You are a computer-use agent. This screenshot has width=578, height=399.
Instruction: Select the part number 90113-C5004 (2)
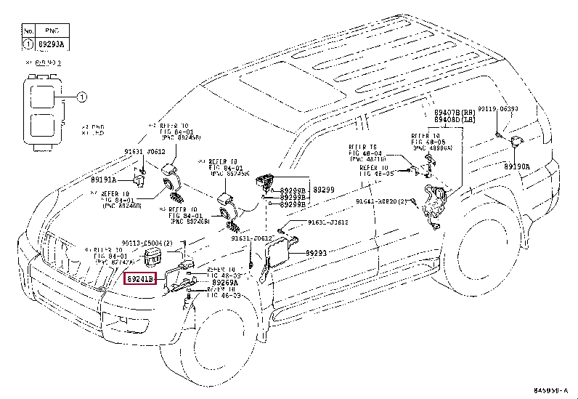147,242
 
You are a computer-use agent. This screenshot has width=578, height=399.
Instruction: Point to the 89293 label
317,253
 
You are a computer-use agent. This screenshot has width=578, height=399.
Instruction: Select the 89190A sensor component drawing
517,142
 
